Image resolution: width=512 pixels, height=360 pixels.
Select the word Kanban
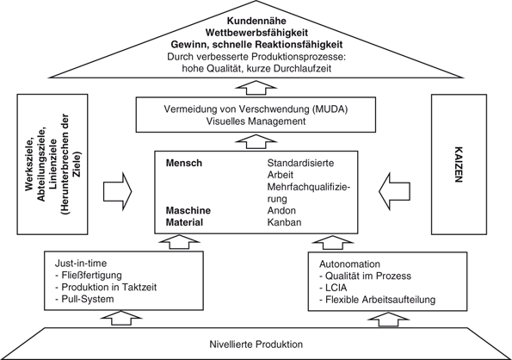point(285,221)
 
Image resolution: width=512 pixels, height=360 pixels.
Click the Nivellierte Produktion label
point(256,344)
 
